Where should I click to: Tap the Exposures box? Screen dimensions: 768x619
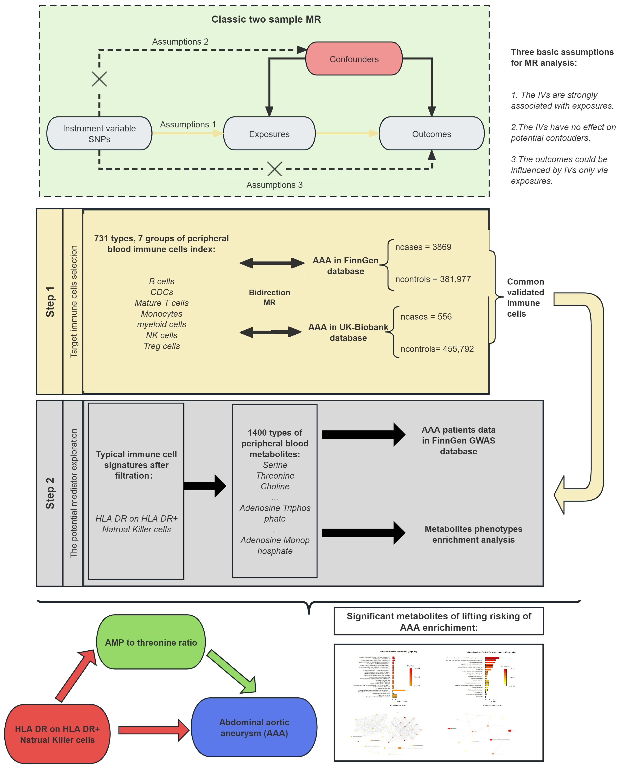coord(269,134)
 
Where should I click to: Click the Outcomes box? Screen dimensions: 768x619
coord(431,134)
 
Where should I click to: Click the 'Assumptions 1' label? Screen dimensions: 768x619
coord(188,124)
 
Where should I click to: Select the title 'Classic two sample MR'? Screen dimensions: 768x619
coord(266,19)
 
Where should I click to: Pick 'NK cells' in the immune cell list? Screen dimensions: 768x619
coord(161,335)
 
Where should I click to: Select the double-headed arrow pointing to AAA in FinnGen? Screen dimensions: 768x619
coord(272,263)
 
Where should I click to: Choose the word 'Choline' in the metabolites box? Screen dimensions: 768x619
coord(275,486)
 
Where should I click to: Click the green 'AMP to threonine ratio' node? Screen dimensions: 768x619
coord(151,642)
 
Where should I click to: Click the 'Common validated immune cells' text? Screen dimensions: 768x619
coord(525,298)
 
